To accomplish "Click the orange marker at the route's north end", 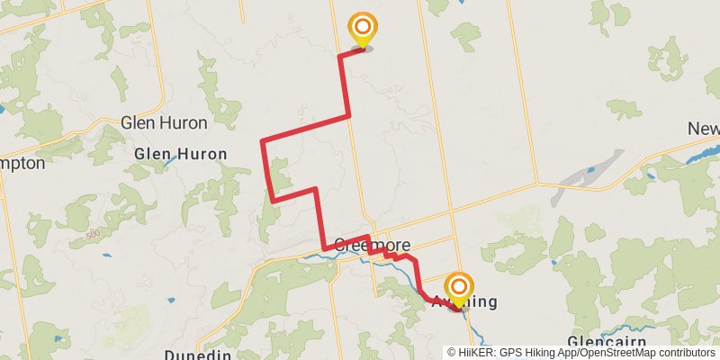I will coord(362,29).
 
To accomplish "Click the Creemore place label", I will coord(373,245).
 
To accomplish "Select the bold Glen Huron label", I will coord(180,154).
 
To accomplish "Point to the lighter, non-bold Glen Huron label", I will coord(164,122).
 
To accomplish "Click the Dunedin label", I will coord(198,355).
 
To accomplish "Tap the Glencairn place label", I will coord(609,342).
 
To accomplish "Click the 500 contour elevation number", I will coord(93,236).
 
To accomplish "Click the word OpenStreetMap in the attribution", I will coord(623,352).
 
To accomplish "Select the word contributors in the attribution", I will coord(688,352).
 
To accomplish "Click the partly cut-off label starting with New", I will coord(704,129).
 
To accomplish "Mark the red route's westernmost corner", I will coord(262,141).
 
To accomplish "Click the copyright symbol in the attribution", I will coord(453,352).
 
